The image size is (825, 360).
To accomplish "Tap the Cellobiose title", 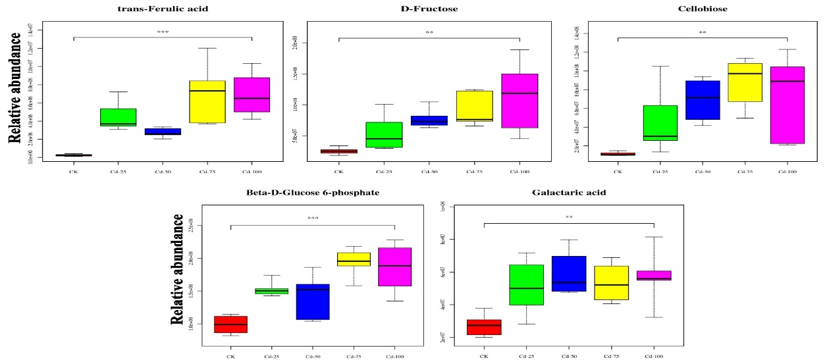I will coord(703,9).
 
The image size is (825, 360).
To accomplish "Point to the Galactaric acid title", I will coord(568,192).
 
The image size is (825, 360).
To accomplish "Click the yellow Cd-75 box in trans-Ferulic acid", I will coord(207,101).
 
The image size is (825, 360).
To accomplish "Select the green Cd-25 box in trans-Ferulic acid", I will coord(119,117).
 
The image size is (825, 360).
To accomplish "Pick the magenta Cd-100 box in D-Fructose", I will coord(519,101).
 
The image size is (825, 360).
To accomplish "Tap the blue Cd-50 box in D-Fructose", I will coord(429,120).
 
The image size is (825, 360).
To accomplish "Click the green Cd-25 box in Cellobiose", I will coord(660,123).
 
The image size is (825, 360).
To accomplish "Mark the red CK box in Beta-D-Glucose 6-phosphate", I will coord(230,324).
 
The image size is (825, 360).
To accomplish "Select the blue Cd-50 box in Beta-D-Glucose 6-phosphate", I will coord(313,301).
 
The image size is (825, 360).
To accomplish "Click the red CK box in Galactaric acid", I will coord(484,327).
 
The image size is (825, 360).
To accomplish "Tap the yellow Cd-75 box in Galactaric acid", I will coord(612,283).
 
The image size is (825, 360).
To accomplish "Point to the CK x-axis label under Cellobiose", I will coord(618,172).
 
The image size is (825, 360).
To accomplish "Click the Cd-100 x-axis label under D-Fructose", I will coord(519,172).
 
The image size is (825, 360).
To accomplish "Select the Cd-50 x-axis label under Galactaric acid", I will coord(569,356).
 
